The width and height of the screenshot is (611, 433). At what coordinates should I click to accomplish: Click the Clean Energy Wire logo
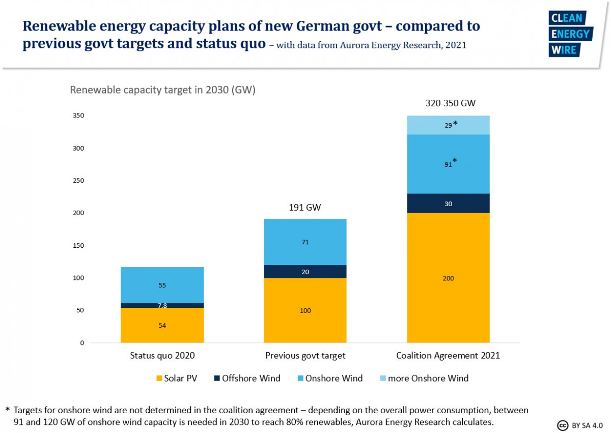(570, 34)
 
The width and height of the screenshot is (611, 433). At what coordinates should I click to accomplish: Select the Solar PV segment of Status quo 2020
(162, 325)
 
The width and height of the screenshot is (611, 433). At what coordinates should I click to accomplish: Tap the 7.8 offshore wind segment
(162, 305)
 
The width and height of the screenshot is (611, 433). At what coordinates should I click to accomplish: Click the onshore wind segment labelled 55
(162, 285)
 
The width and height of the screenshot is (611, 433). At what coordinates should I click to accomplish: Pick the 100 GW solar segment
(305, 310)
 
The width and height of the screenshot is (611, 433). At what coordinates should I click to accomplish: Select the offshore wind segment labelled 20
(305, 272)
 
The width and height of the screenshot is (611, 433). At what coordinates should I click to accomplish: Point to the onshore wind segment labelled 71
(305, 242)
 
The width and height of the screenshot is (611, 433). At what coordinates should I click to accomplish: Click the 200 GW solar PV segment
(448, 278)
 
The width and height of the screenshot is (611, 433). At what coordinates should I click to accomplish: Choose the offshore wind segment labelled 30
(448, 204)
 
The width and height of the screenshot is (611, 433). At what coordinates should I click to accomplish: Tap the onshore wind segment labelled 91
(448, 164)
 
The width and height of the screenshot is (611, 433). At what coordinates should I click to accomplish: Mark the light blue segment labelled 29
(448, 125)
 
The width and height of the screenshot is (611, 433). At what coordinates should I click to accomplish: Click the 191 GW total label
(305, 208)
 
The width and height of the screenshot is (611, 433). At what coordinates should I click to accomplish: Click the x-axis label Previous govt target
(305, 356)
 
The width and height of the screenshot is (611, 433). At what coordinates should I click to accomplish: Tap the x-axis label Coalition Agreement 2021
(448, 356)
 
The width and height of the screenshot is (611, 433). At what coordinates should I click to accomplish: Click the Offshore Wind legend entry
(246, 378)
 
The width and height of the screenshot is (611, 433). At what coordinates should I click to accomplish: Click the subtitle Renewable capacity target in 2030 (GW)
(162, 91)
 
